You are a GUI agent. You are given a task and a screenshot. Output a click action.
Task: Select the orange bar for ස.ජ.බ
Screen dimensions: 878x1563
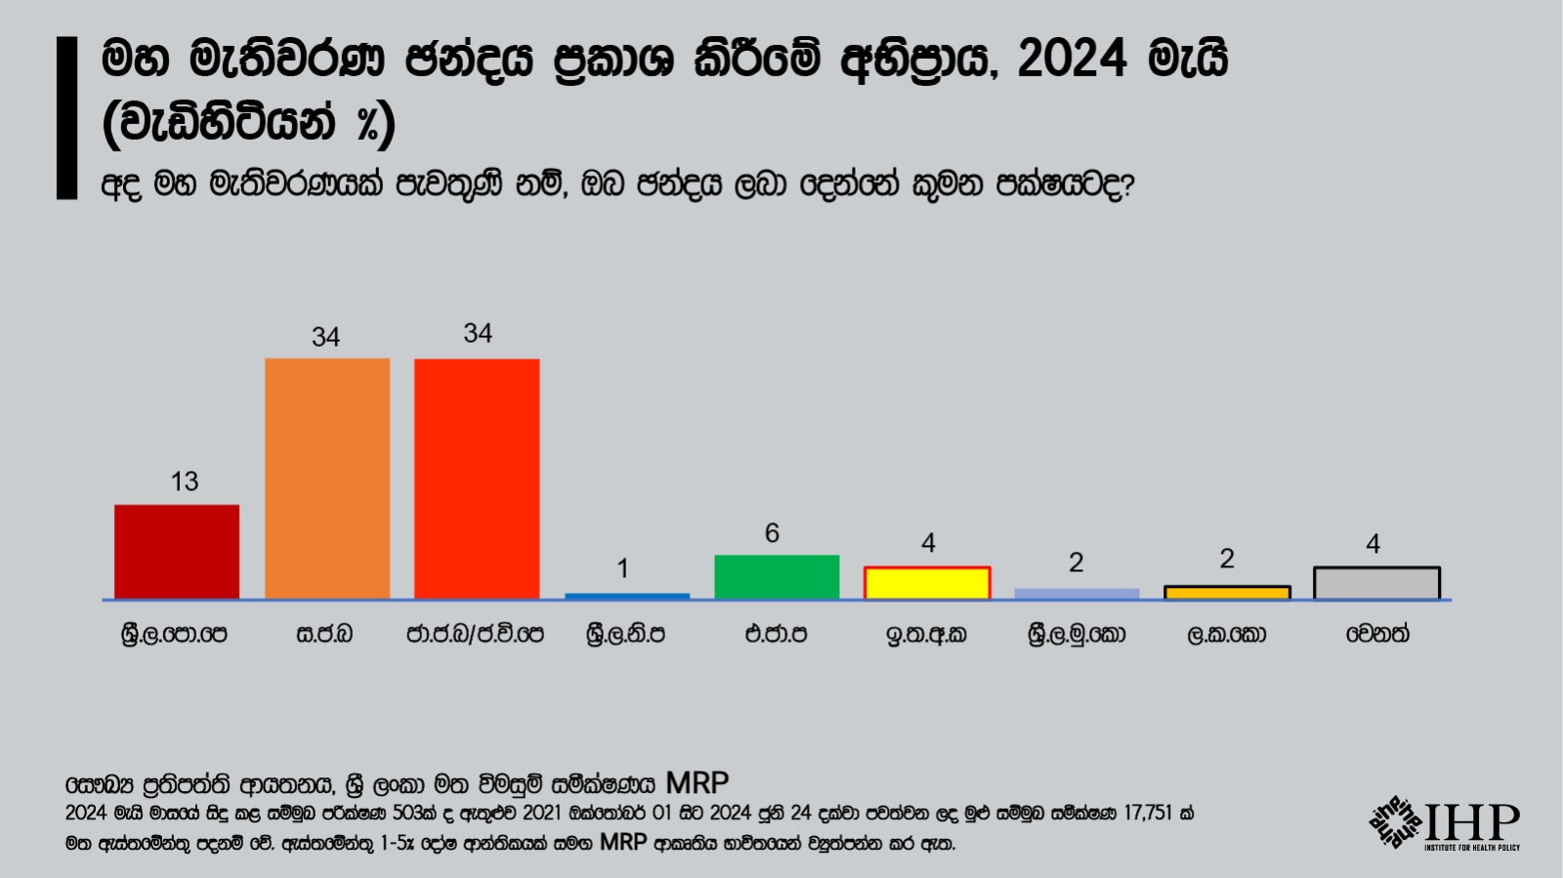[x=327, y=478]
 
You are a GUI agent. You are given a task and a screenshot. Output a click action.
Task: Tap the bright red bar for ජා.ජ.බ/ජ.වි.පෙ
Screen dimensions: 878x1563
[x=477, y=478]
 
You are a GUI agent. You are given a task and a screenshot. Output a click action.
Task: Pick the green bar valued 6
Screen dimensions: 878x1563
[x=777, y=576]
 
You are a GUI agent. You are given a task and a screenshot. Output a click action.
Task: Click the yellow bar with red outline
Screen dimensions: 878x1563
[x=927, y=583]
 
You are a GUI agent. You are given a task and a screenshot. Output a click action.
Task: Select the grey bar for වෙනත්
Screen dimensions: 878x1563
[x=1376, y=583]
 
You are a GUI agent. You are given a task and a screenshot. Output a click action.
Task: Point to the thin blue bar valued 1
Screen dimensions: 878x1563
[x=627, y=596]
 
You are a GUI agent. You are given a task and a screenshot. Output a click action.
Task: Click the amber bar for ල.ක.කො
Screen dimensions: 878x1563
[x=1227, y=593]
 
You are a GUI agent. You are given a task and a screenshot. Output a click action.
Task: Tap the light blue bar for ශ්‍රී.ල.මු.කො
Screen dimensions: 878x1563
[x=1077, y=594]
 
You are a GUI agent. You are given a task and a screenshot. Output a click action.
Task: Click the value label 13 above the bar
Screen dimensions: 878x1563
[x=185, y=481]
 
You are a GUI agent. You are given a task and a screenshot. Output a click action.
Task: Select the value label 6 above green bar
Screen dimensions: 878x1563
[x=772, y=533]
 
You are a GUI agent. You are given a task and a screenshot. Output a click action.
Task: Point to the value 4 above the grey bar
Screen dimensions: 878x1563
[x=1373, y=544]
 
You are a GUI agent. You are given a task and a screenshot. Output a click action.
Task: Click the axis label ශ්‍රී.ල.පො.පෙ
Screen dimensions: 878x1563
[x=174, y=635]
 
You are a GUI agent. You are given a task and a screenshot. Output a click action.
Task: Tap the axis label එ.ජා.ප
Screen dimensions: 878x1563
[x=776, y=635]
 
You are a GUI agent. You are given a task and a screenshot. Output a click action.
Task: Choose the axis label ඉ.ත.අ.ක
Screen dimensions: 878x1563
[x=926, y=635]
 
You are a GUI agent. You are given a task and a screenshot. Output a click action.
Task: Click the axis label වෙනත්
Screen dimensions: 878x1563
[x=1377, y=635]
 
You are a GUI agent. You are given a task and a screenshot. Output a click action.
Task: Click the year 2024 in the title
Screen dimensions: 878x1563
[x=1072, y=61]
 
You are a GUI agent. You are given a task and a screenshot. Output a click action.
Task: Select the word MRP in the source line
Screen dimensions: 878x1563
[x=697, y=783]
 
